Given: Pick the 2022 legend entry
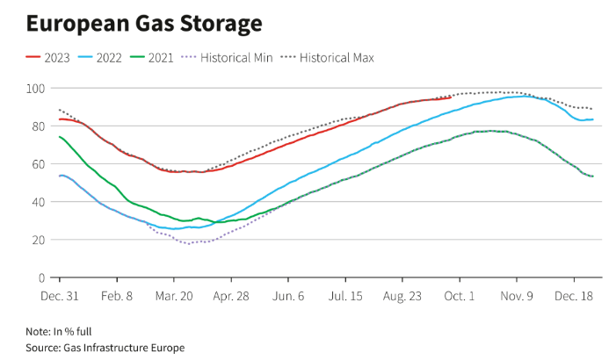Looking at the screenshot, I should pyautogui.click(x=102, y=58).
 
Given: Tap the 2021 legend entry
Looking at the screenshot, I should pyautogui.click(x=155, y=58).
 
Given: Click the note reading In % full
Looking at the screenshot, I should pyautogui.click(x=58, y=331).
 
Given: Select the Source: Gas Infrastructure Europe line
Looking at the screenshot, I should pyautogui.click(x=105, y=348).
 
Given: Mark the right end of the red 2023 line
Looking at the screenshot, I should pyautogui.click(x=451, y=97).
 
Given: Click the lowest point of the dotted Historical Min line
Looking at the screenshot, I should pyautogui.click(x=188, y=243).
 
